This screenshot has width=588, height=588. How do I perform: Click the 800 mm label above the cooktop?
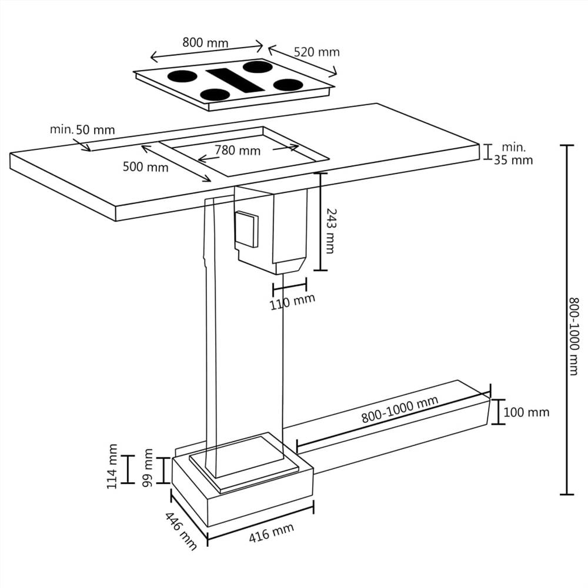(205, 42)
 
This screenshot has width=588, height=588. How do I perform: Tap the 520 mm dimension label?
(317, 52)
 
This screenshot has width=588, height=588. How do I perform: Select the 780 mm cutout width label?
(237, 151)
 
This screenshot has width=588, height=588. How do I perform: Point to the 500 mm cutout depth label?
(145, 167)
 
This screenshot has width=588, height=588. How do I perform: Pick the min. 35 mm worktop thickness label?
(513, 153)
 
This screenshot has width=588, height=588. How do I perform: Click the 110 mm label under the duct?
(293, 302)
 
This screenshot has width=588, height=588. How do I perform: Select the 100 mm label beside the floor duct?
(527, 412)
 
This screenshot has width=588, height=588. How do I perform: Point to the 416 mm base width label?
(271, 534)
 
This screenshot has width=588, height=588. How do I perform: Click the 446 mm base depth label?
(180, 532)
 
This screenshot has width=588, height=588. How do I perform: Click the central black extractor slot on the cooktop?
(235, 79)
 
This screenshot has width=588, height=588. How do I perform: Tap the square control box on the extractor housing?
(246, 229)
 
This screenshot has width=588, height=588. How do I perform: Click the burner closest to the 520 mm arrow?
(288, 85)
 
